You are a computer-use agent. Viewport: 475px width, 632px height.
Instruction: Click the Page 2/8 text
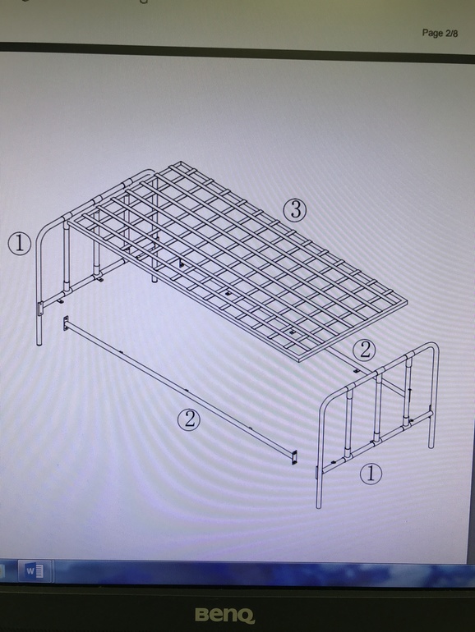point(440,33)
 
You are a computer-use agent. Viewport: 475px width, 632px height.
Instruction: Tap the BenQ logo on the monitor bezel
point(225,615)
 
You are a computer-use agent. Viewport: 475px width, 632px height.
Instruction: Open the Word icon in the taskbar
point(35,570)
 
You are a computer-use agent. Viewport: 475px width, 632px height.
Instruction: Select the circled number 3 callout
point(294,209)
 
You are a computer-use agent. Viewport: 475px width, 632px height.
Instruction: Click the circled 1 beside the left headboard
point(20,244)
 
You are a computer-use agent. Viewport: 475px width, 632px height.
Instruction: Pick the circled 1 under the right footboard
point(371,474)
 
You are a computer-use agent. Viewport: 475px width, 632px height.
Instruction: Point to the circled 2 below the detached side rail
point(189,419)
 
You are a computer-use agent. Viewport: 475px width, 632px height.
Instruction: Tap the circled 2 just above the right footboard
point(364,350)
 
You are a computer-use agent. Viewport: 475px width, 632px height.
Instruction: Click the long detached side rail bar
point(180,388)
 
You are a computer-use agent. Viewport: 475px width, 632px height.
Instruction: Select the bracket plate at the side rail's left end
point(66,323)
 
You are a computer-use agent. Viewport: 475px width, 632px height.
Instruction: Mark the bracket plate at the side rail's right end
point(294,458)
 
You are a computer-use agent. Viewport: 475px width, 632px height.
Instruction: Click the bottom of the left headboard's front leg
point(39,344)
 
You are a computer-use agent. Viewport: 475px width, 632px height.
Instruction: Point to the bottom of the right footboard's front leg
point(319,506)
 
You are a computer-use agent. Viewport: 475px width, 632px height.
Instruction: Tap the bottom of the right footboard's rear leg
point(431,447)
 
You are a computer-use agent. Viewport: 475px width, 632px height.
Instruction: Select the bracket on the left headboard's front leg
point(40,309)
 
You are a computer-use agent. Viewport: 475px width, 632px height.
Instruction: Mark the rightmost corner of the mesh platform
point(407,300)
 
